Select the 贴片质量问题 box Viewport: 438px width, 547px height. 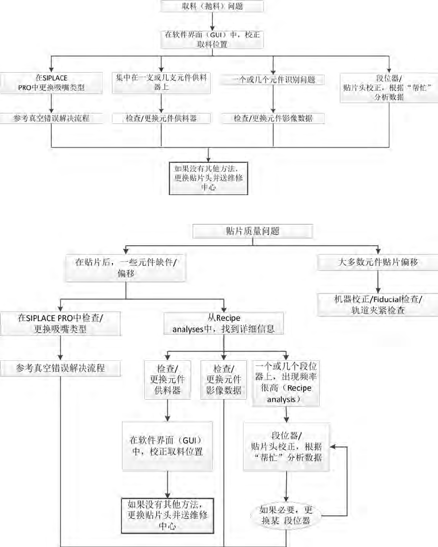point(252,231)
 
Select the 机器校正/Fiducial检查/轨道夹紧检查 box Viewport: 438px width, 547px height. point(378,304)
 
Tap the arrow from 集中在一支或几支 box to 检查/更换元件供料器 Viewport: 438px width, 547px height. point(161,103)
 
